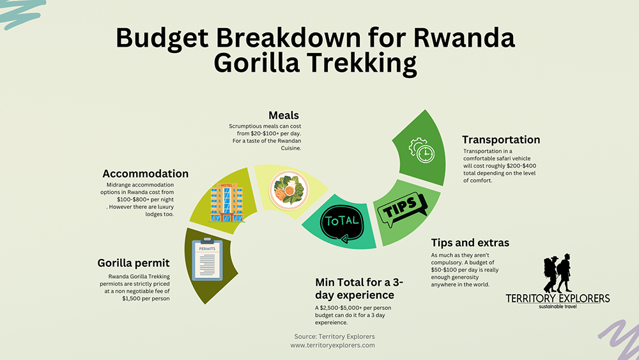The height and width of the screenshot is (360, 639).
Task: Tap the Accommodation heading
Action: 146,173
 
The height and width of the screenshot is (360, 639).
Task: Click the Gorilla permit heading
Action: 134,263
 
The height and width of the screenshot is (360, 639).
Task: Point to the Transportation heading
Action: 501,139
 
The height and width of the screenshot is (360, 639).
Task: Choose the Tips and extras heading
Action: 470,243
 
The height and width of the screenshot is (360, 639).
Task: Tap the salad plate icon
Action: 289,189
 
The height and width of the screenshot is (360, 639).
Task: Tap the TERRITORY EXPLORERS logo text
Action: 557,299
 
